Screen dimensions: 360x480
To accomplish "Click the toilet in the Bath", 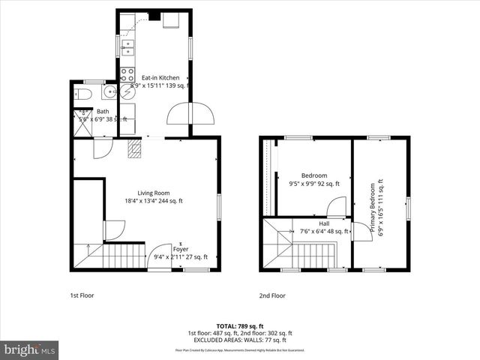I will pyautogui.click(x=84, y=94).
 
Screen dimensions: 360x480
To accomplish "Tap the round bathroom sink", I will pyautogui.click(x=108, y=93).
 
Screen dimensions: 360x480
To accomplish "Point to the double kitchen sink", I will pyautogui.click(x=128, y=46).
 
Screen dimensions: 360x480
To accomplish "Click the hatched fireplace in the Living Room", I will pyautogui.click(x=134, y=149).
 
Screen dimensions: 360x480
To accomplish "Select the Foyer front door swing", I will pyautogui.click(x=160, y=256).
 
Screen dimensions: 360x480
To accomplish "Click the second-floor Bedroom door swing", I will pyautogui.click(x=337, y=208).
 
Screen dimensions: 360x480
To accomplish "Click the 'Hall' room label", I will pyautogui.click(x=324, y=223).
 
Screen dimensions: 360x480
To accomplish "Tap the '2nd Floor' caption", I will pyautogui.click(x=272, y=295).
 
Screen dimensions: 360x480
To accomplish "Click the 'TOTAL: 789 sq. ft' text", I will pyautogui.click(x=239, y=326).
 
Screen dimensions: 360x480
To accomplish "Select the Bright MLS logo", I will pyautogui.click(x=30, y=350).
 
